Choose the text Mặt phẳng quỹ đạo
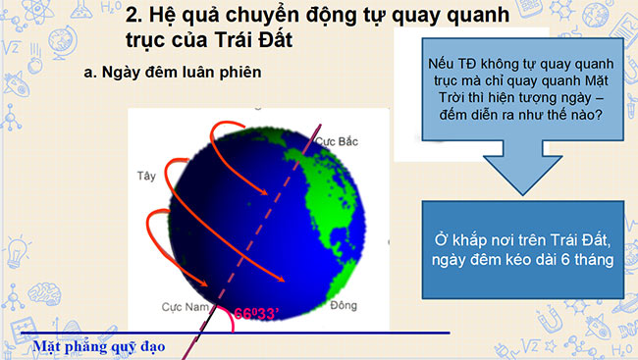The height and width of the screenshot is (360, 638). point(98,346)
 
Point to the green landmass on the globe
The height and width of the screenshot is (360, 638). point(324,196)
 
